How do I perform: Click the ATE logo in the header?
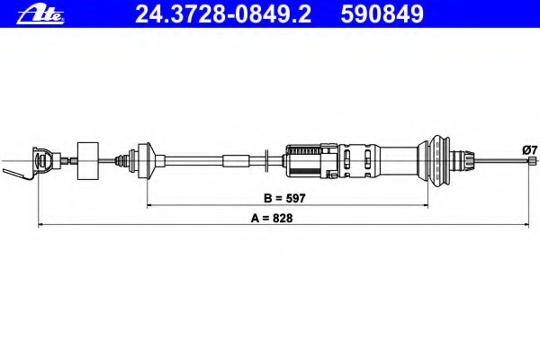[x=40, y=15]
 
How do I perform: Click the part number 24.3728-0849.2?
[x=223, y=14]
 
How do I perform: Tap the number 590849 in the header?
[x=382, y=14]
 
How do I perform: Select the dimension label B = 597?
[x=284, y=198]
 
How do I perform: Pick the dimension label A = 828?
[x=272, y=218]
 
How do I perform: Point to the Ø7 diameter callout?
[x=530, y=150]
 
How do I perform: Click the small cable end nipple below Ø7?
[x=532, y=160]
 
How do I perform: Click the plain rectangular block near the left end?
[x=88, y=161]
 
